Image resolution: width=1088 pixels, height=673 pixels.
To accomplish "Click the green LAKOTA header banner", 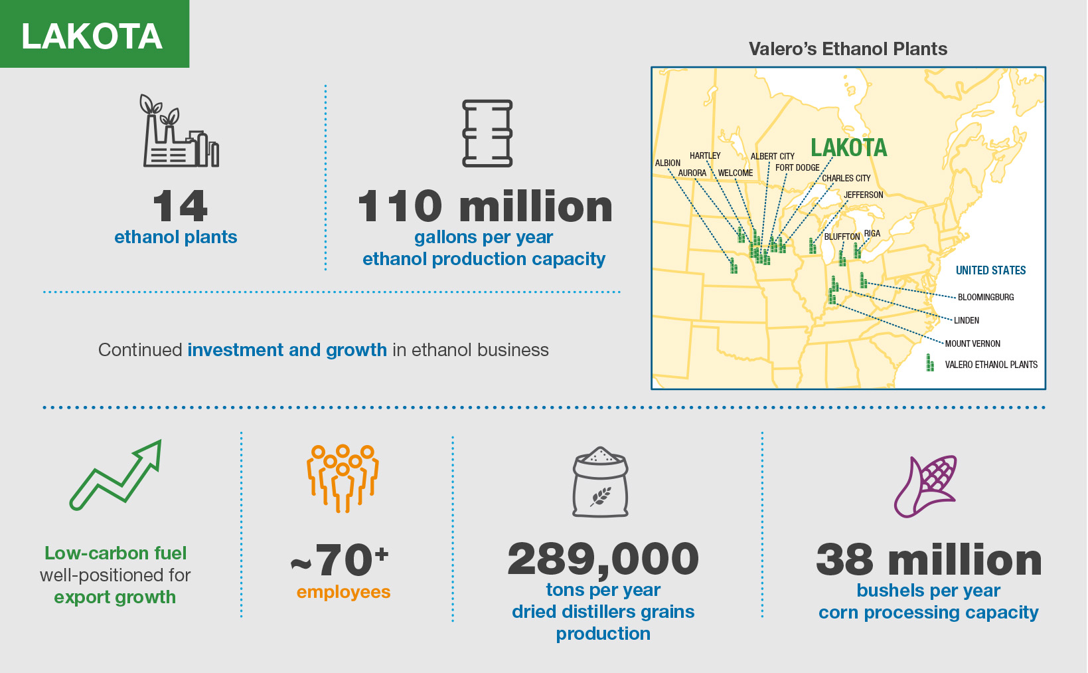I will [94, 34].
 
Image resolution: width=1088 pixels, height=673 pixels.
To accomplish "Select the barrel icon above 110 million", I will [487, 133].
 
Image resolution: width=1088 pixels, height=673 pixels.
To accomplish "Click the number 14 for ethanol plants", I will [180, 206].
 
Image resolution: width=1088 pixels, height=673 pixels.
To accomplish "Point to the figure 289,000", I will [603, 559].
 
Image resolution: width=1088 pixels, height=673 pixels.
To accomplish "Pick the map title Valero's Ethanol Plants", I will [848, 49].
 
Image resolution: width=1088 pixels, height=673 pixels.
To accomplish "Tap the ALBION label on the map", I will [667, 163].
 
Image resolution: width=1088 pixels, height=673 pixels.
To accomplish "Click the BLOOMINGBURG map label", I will [986, 297].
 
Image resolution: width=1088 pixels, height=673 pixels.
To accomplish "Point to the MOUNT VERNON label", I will [972, 343].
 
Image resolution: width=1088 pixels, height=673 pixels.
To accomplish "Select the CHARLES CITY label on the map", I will [846, 178].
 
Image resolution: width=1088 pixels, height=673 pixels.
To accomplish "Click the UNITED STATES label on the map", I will [990, 270].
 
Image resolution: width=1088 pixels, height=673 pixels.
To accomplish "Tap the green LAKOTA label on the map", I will [848, 147].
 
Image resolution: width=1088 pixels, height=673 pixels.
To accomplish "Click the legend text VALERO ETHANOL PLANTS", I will [991, 365].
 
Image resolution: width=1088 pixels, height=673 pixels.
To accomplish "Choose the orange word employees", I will [343, 592].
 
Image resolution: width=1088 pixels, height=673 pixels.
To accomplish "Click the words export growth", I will [115, 597].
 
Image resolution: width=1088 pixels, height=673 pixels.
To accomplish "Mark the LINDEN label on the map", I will [966, 320].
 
